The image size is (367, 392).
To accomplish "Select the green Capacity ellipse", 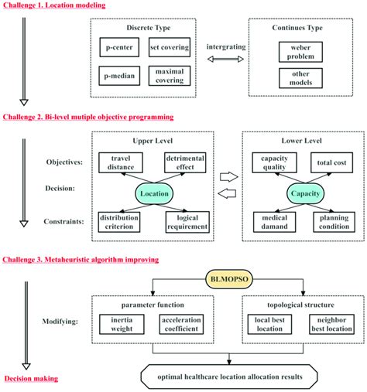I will pos(304,194).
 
